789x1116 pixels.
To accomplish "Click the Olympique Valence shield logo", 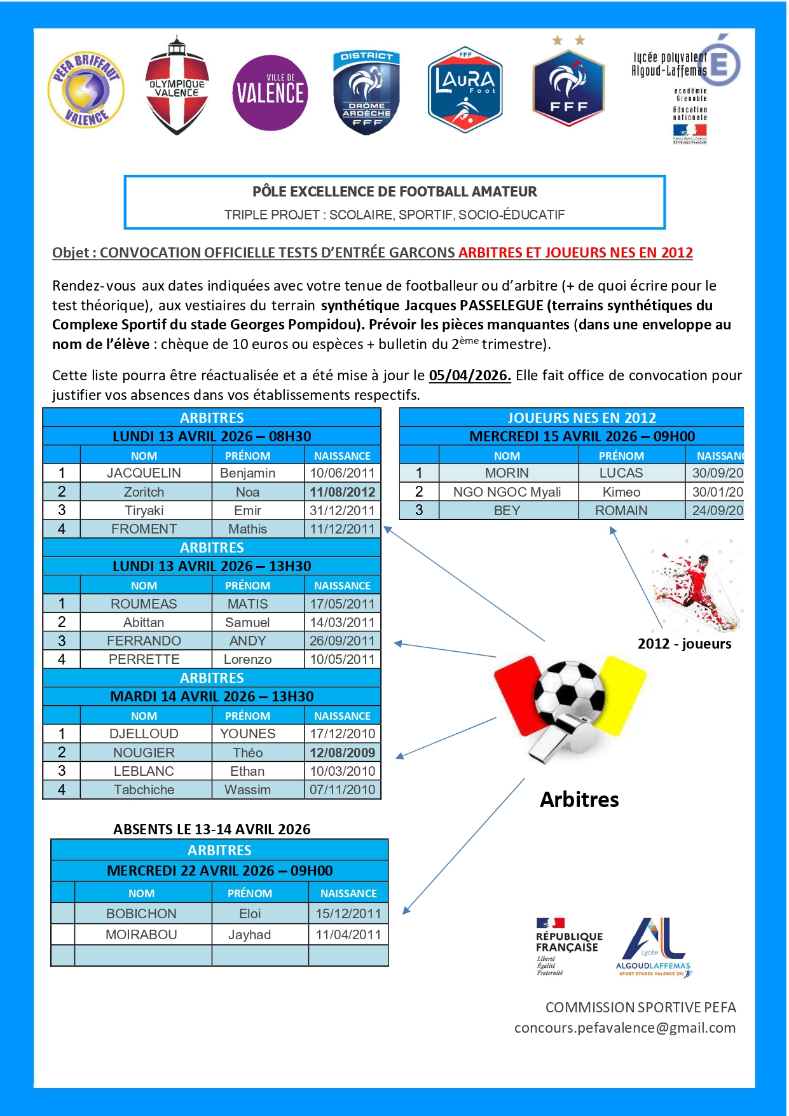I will coord(177,86).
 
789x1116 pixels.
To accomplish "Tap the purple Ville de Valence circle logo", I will coord(270,93).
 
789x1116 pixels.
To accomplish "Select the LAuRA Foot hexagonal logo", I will coord(465,89).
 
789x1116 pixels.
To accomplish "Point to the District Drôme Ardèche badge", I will coord(366,92).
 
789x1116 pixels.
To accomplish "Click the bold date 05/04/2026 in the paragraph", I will coord(470,375).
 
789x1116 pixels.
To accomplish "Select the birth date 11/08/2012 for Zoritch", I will coord(342,492).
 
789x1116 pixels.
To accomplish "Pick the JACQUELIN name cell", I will coord(144,473).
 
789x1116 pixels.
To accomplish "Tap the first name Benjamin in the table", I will coord(247,473).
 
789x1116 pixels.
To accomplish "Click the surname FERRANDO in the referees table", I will coord(144,641).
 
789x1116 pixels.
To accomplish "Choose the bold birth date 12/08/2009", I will coord(342,752).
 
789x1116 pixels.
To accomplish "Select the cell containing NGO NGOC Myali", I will coord(507,492).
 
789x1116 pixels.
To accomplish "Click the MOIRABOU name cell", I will coord(141,935).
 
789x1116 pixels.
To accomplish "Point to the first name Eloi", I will coord(250,914).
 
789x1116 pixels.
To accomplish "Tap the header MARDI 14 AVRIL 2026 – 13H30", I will coord(212,696).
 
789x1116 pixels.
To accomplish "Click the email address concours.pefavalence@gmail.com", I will coord(624,1028).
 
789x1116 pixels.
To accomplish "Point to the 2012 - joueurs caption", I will coord(684,644).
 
